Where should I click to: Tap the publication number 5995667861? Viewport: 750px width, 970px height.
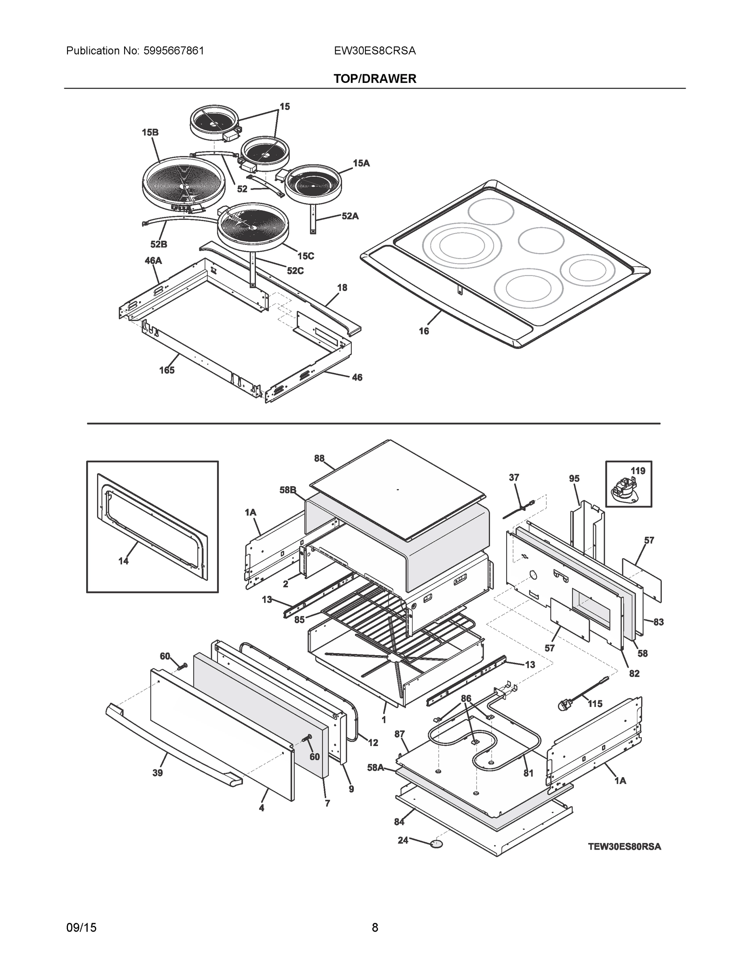pyautogui.click(x=174, y=51)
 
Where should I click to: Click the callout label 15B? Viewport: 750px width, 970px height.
pyautogui.click(x=150, y=132)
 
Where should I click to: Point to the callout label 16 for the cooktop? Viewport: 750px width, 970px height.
pyautogui.click(x=424, y=331)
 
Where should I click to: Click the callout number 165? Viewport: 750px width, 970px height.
pyautogui.click(x=167, y=370)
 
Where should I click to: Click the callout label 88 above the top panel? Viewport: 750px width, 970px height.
pyautogui.click(x=319, y=458)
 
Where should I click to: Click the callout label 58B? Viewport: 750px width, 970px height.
pyautogui.click(x=287, y=490)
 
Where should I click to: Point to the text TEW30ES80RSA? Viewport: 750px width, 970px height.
pyautogui.click(x=624, y=847)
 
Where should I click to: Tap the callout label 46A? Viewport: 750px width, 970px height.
pyautogui.click(x=153, y=261)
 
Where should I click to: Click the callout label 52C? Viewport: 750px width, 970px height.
pyautogui.click(x=295, y=270)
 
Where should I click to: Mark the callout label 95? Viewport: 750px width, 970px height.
pyautogui.click(x=574, y=479)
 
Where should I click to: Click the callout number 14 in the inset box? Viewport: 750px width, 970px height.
pyautogui.click(x=124, y=561)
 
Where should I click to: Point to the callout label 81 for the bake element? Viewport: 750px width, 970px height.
pyautogui.click(x=528, y=773)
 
